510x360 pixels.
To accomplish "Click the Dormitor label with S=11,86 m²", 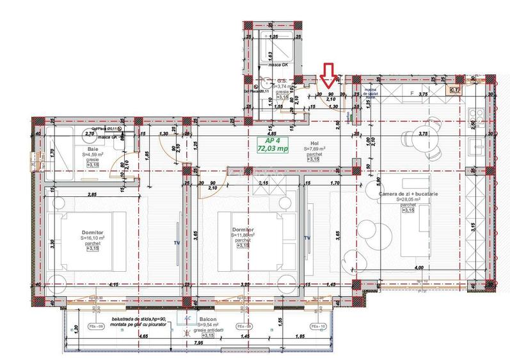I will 241,231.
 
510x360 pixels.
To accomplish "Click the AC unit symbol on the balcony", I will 187,318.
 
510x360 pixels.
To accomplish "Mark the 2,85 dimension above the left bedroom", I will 92,194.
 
